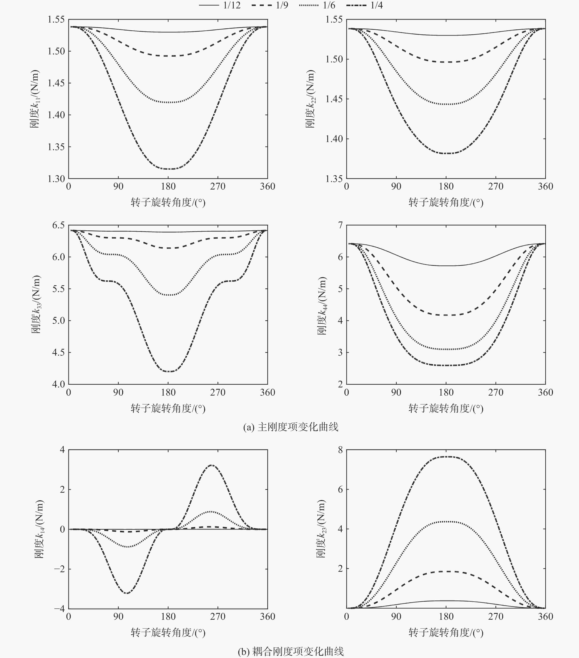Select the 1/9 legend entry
tap(270, 5)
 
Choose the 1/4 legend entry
tap(364, 5)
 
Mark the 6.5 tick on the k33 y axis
tap(59, 225)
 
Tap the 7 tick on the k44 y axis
tap(340, 225)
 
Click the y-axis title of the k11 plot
tap(35, 99)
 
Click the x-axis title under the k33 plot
tap(168, 408)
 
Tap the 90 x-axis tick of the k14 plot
tap(118, 616)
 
